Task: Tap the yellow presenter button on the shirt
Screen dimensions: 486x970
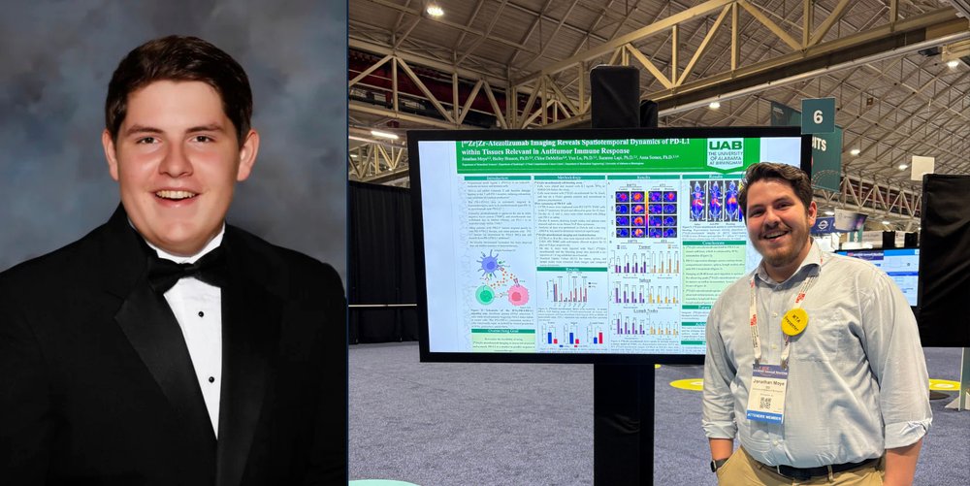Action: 794,321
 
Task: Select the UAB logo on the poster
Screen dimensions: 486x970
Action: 725,153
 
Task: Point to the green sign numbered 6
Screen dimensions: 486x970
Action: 818,116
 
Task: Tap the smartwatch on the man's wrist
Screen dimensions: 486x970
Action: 718,465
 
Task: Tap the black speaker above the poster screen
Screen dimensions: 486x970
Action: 615,97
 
